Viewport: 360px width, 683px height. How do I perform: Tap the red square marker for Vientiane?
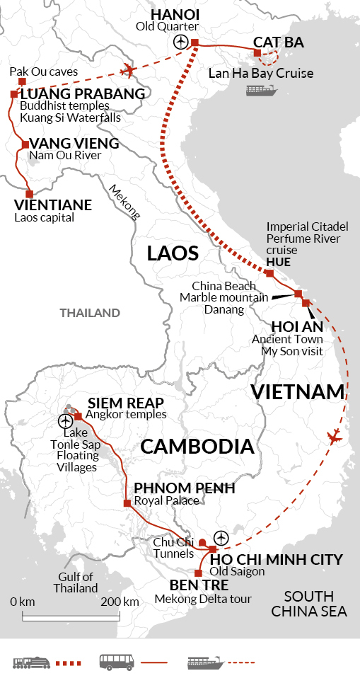30,193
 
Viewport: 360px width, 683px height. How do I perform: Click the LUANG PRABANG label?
83,93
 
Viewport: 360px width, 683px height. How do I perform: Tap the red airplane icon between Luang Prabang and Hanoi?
128,69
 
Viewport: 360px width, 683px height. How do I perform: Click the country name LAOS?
172,253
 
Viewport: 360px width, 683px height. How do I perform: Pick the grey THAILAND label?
90,312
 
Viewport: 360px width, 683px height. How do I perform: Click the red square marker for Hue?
269,273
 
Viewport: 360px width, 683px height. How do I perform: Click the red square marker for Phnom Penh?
127,503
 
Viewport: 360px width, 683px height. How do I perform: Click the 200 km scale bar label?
120,602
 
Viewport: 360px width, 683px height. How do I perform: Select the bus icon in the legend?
114,662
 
